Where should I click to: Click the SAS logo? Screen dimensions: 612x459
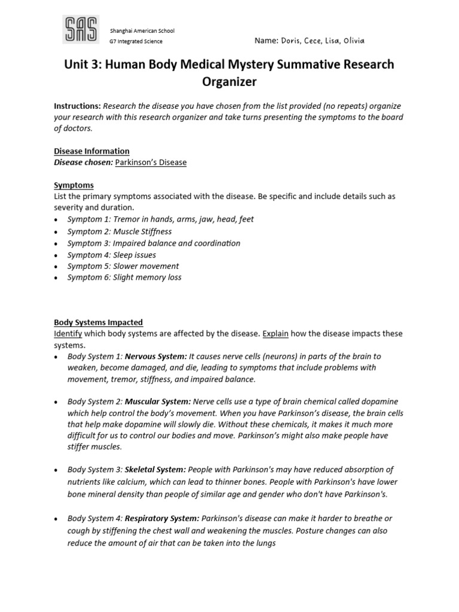pyautogui.click(x=81, y=29)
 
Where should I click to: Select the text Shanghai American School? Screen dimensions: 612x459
pyautogui.click(x=142, y=30)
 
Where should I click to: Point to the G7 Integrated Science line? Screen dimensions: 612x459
pyautogui.click(x=136, y=41)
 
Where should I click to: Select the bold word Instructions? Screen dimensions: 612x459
pyautogui.click(x=78, y=106)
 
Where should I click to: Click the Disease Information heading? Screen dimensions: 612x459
pyautogui.click(x=91, y=151)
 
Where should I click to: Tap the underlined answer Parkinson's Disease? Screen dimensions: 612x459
pyautogui.click(x=151, y=163)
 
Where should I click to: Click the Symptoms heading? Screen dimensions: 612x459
pyautogui.click(x=74, y=185)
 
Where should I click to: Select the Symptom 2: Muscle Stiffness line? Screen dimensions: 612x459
pyautogui.click(x=120, y=231)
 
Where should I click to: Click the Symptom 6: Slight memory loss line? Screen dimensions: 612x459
pyautogui.click(x=124, y=277)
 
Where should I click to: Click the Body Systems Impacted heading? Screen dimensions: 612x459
pyautogui.click(x=99, y=322)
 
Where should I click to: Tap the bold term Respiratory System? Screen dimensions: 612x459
pyautogui.click(x=162, y=519)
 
